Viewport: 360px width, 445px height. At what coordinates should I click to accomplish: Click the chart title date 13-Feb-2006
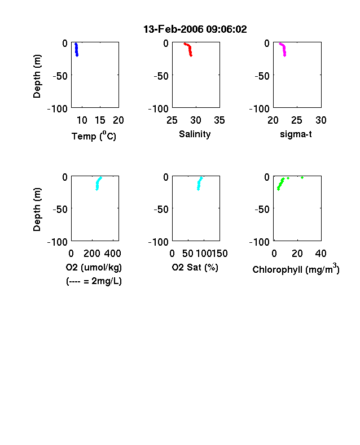[173, 29]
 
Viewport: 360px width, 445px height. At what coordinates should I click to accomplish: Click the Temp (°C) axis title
[94, 136]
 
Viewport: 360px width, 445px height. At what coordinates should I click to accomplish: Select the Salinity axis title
[195, 134]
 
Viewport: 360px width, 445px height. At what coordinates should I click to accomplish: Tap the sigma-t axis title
[296, 134]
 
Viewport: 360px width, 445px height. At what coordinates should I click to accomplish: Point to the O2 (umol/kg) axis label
[94, 267]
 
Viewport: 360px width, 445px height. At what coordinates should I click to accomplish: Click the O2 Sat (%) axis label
[195, 267]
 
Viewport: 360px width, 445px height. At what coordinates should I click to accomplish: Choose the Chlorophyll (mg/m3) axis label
[296, 268]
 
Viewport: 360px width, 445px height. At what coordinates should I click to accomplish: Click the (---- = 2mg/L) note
[94, 281]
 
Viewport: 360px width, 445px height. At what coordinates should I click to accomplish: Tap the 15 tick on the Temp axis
[100, 120]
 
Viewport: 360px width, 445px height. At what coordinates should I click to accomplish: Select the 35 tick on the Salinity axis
[219, 120]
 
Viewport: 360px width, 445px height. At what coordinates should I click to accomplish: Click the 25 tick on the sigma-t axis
[296, 120]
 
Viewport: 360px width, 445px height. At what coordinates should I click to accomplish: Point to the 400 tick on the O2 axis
[112, 253]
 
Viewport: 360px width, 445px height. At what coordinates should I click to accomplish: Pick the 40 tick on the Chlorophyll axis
[321, 253]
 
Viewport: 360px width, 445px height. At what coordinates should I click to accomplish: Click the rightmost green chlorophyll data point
[302, 178]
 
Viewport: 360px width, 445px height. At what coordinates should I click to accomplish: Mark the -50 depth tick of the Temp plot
[60, 76]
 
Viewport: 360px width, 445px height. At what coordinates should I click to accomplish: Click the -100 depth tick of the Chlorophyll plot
[260, 242]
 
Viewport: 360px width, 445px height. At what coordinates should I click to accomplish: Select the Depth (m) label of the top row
[37, 76]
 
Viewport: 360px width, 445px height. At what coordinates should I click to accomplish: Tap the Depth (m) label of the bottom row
[37, 210]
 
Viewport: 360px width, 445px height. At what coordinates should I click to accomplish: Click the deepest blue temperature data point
[77, 55]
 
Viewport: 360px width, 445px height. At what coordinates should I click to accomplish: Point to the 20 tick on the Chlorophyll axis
[297, 253]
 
